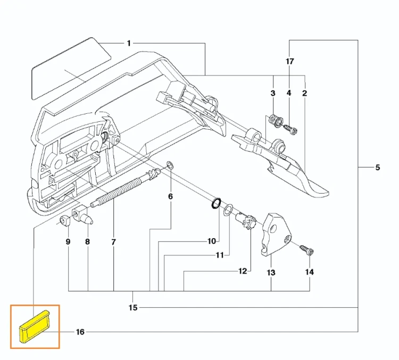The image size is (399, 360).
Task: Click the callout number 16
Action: coord(80,332)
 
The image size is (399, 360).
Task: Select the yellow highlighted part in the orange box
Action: coord(35,326)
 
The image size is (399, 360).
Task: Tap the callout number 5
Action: coord(378,168)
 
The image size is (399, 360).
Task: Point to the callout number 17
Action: coord(289,61)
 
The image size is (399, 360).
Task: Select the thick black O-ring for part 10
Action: coord(216,203)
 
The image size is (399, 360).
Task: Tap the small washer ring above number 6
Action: coord(170,165)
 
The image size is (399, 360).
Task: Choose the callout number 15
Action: coord(133,307)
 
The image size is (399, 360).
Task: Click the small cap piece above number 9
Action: coord(65,220)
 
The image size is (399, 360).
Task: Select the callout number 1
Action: coord(129,43)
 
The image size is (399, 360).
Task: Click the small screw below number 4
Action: coord(290,129)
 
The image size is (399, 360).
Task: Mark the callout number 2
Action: coord(305,93)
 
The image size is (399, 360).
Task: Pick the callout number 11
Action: coord(219,255)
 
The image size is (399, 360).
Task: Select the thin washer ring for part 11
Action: coord(228,209)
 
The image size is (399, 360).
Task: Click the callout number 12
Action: coord(243,271)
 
